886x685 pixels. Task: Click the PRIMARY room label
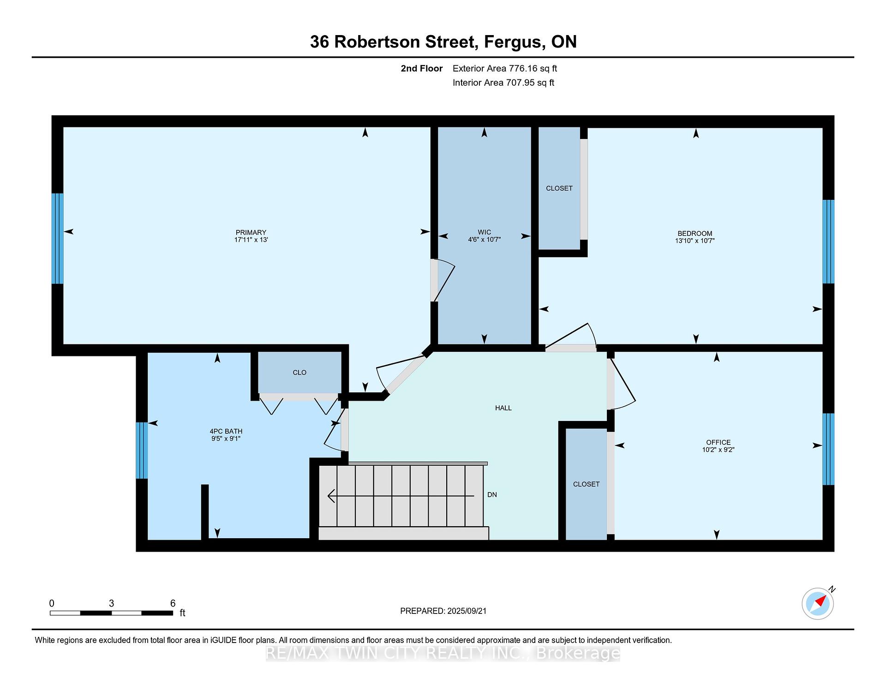pos(251,233)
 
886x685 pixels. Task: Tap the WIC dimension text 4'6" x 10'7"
pos(484,240)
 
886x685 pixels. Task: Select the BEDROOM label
pos(694,234)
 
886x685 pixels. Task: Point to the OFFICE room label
pos(718,442)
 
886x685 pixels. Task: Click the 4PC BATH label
pos(226,432)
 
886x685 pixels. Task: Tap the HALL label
pos(503,408)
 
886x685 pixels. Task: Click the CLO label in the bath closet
pos(299,373)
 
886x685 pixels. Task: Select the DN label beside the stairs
pos(492,495)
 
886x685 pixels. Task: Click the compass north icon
pos(819,602)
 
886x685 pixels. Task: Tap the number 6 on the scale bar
pos(173,603)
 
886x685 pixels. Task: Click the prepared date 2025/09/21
pos(467,611)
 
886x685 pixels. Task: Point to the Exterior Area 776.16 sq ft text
pos(505,69)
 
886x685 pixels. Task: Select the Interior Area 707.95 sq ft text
pos(503,83)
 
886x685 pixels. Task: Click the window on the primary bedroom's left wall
pos(57,238)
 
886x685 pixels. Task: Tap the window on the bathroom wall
pos(142,450)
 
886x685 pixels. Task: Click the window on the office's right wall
pos(828,449)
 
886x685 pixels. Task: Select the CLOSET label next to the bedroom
pos(559,188)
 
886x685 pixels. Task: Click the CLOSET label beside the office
pos(586,484)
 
